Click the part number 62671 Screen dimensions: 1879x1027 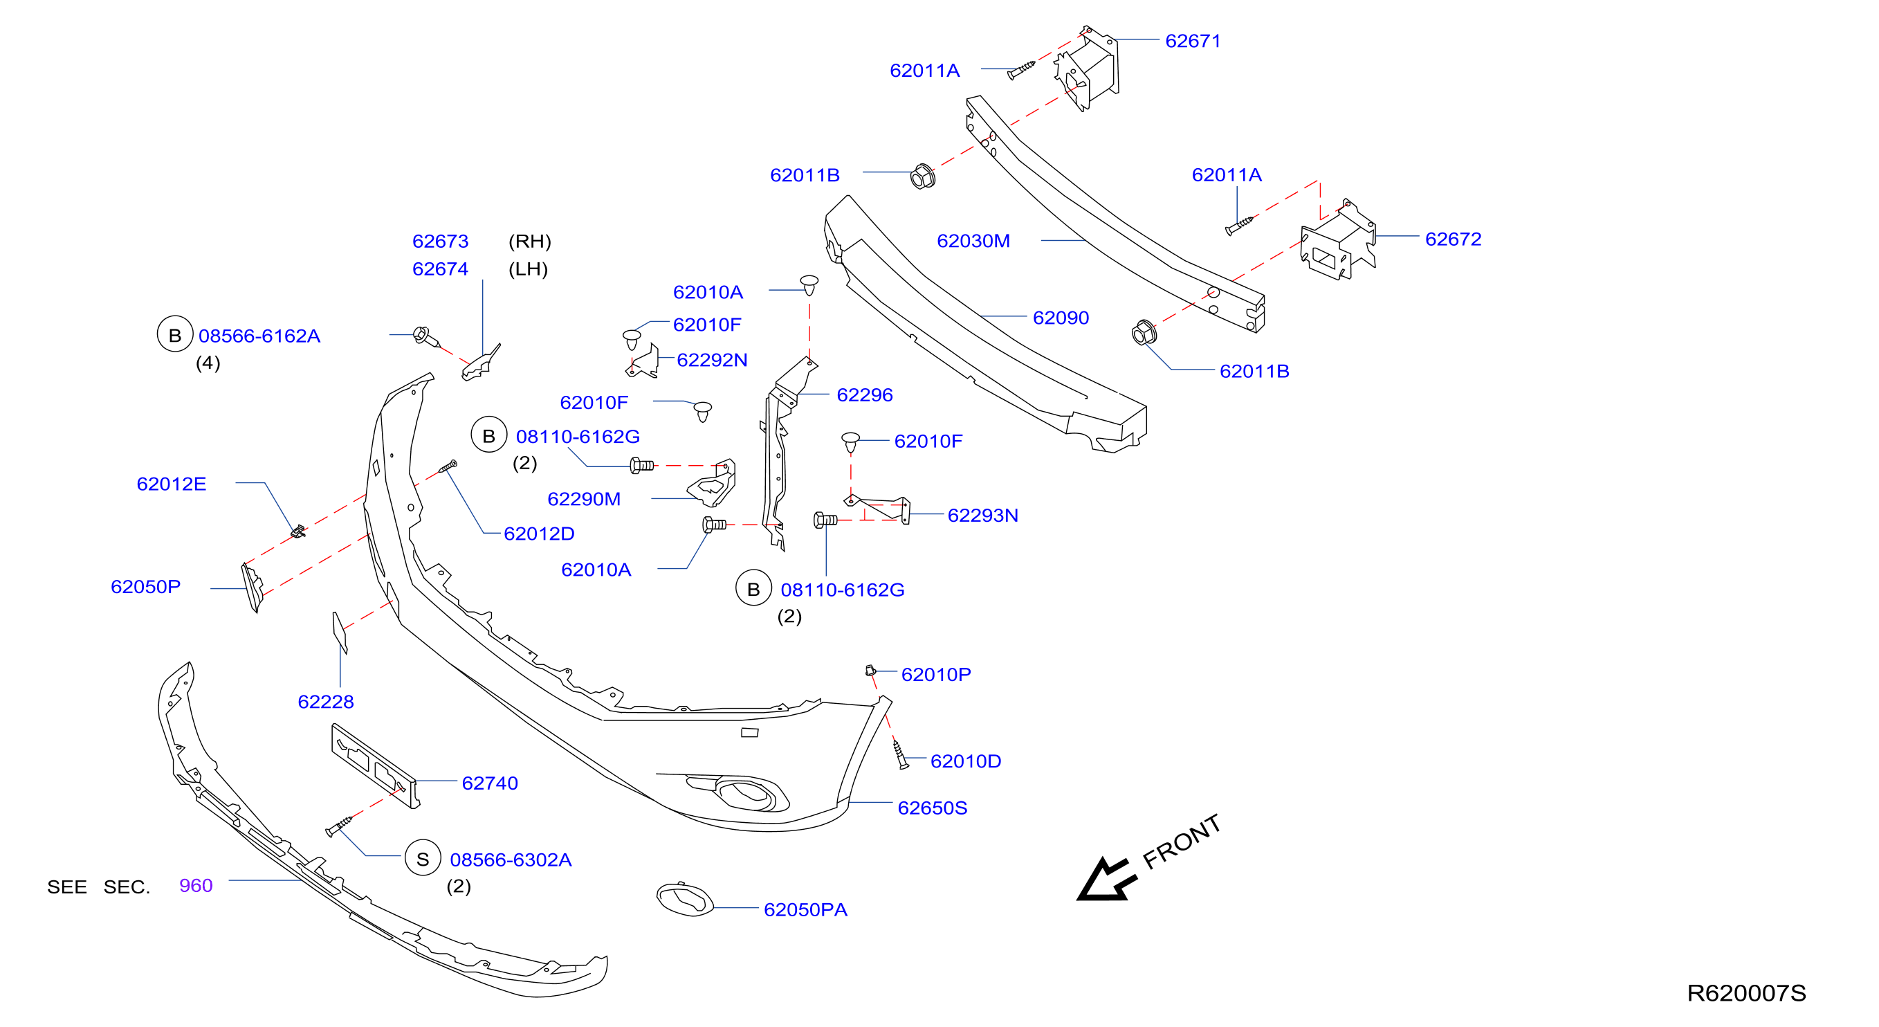(x=1193, y=41)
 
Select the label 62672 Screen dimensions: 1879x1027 (x=1453, y=239)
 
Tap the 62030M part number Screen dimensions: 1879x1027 (x=973, y=241)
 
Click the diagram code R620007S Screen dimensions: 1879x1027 (x=1746, y=992)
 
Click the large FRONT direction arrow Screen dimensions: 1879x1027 (x=1106, y=879)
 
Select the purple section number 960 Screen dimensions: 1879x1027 (x=196, y=886)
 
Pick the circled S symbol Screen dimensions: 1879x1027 (x=423, y=859)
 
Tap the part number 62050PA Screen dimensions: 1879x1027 (x=805, y=909)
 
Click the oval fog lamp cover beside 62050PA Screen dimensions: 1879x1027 (x=685, y=900)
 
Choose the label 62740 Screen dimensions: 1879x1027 (x=489, y=783)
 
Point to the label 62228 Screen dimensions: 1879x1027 (x=325, y=702)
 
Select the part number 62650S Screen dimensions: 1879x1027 (x=932, y=808)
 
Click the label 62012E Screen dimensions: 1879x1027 (x=172, y=484)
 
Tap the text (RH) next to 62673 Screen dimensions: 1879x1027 (x=529, y=242)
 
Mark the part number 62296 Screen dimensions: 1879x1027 (x=864, y=394)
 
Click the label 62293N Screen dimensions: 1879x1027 (x=982, y=515)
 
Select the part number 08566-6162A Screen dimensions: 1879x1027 (x=259, y=336)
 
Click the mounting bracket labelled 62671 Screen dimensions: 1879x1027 (x=1086, y=69)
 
